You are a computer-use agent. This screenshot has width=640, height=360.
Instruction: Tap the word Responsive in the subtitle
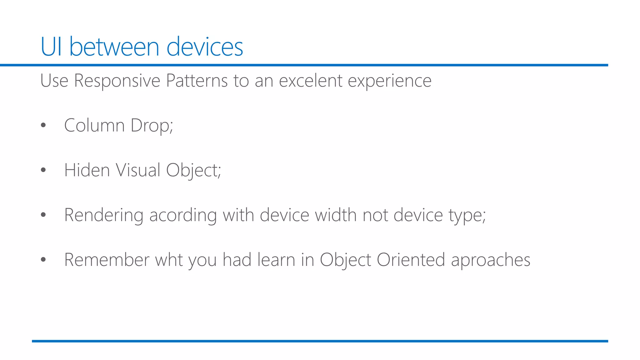click(x=117, y=81)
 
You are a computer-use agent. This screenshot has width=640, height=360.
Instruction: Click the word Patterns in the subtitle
click(x=197, y=81)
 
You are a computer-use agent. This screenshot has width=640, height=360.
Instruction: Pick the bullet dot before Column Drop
click(x=43, y=125)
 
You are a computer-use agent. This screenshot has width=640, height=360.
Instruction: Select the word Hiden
click(x=87, y=170)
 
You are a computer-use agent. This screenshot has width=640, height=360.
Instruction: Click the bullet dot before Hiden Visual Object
click(x=43, y=170)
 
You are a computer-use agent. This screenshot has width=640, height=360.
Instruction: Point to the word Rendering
click(x=103, y=215)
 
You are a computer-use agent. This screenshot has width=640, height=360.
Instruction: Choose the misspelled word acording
click(x=183, y=215)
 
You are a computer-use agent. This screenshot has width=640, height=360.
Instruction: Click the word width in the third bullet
click(x=335, y=215)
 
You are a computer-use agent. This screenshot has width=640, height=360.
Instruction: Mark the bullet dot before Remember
click(x=43, y=259)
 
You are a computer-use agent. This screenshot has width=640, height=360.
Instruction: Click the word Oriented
click(x=411, y=260)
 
